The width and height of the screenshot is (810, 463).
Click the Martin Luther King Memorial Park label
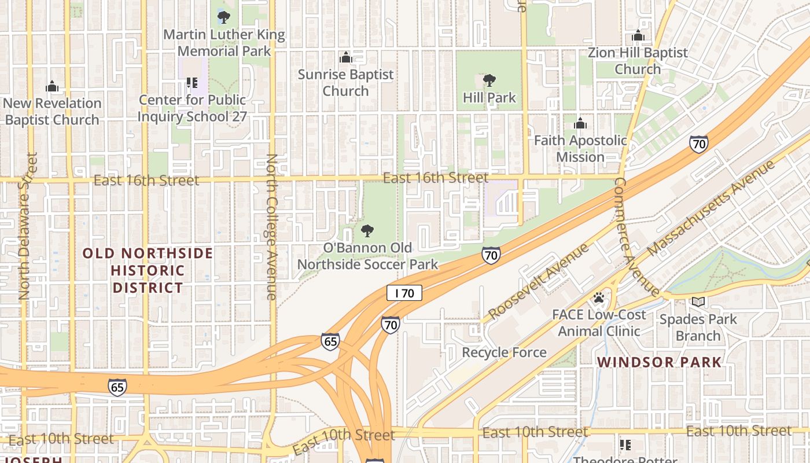224,43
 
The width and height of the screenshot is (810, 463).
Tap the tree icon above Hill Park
489,80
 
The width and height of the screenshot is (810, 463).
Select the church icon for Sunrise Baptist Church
346,57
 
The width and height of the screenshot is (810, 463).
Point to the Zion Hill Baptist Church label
638,61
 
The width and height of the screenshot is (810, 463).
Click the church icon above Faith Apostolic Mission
580,123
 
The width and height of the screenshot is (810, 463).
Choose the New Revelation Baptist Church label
52,112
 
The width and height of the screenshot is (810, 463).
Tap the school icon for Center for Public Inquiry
192,83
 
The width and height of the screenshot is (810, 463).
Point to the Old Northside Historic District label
148,270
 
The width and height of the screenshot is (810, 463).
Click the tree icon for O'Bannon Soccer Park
367,231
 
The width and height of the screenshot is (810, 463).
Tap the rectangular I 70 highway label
404,293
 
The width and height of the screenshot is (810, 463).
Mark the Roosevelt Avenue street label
537,281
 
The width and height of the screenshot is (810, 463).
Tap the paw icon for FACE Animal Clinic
599,298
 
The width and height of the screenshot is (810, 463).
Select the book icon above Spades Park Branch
698,302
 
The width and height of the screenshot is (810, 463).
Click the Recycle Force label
504,352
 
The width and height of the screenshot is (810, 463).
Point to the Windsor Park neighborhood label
659,362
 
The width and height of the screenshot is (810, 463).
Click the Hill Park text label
489,98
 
